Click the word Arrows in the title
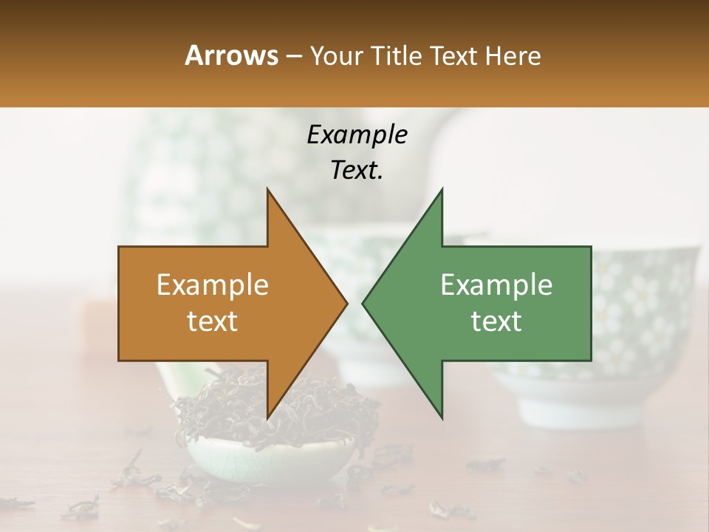(231, 55)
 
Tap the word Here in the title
(513, 55)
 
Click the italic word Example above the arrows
(357, 134)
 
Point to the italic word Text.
(357, 170)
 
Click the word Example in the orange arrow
(212, 285)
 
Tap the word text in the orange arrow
(212, 321)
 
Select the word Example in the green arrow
(496, 285)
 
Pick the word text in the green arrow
(496, 321)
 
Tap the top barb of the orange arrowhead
(270, 194)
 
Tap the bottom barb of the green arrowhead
(440, 414)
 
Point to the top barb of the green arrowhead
(440, 194)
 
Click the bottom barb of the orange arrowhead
(270, 414)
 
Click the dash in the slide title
(293, 57)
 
